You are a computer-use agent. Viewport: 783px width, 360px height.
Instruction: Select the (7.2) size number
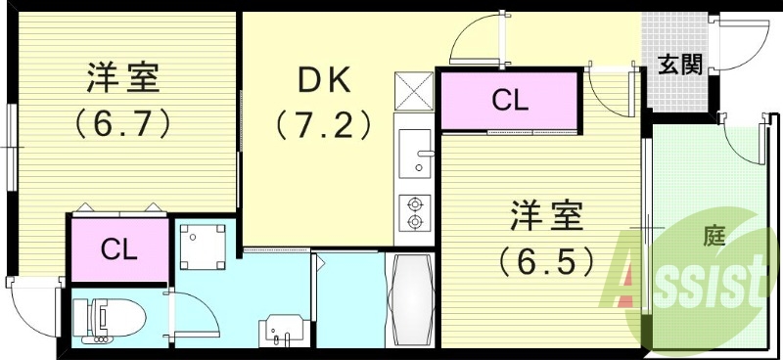[x=322, y=124]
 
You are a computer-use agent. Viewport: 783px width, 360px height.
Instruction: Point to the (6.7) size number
[x=122, y=123]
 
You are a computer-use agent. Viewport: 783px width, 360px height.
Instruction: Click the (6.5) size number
[x=545, y=261]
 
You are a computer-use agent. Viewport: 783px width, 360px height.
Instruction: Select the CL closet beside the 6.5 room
[x=507, y=99]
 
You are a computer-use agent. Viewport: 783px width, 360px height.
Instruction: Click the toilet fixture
[x=112, y=318]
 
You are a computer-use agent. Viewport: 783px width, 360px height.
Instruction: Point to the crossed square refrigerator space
[x=414, y=93]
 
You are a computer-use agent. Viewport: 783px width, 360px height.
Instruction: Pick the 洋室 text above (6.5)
[x=545, y=215]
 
